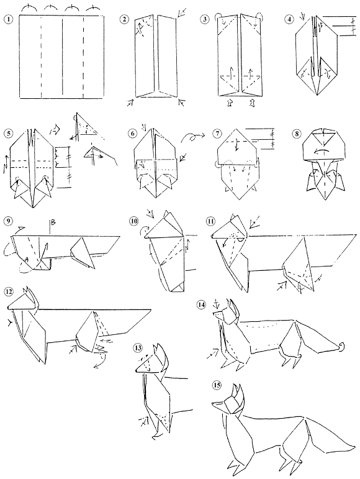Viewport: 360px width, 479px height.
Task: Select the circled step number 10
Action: pyautogui.click(x=133, y=220)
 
